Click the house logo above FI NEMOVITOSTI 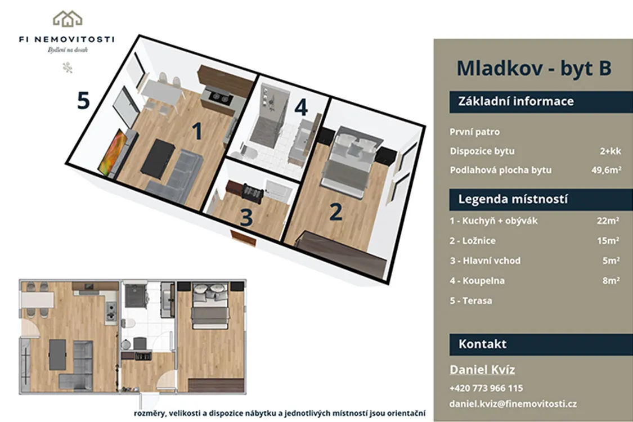tap(68, 19)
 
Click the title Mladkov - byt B tap(534, 68)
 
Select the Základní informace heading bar tap(541, 101)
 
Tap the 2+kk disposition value tap(610, 151)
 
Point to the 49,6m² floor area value tap(607, 170)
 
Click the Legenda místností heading tap(513, 199)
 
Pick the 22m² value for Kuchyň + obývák tap(608, 221)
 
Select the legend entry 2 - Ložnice tap(472, 241)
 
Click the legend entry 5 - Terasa tap(471, 301)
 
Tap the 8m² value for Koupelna tap(611, 281)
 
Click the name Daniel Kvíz tap(482, 370)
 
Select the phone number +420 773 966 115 tap(486, 388)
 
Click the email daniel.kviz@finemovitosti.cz tap(513, 404)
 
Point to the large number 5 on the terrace tap(83, 100)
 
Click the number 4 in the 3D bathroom tap(301, 107)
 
